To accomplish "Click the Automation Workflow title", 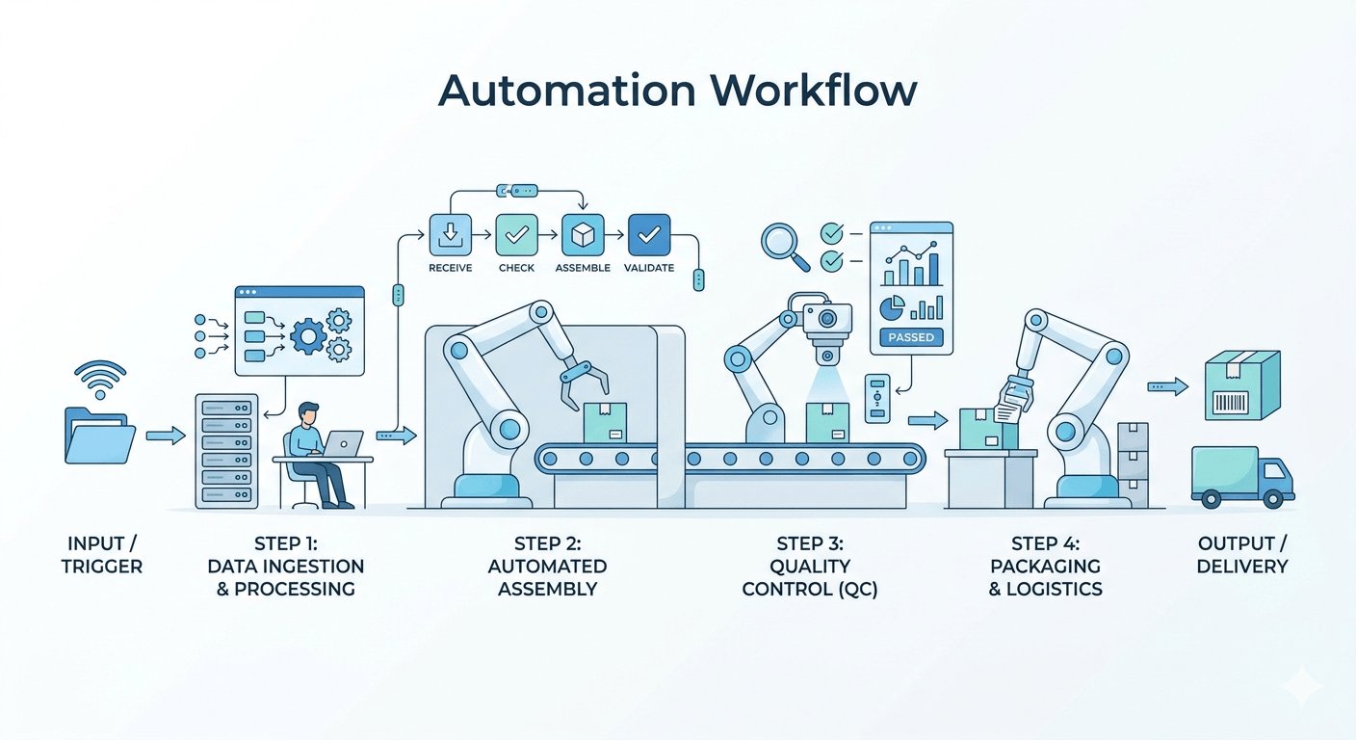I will click(x=677, y=91).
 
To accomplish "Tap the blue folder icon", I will click(x=100, y=436).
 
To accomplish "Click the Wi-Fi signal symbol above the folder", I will click(x=98, y=379).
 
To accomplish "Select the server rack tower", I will click(x=226, y=450).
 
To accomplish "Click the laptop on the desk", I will click(x=342, y=443).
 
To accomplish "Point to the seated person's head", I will click(x=307, y=413).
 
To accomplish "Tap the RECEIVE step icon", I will click(x=450, y=235).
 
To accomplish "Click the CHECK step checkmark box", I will click(x=516, y=235).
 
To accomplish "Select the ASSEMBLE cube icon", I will click(x=583, y=235).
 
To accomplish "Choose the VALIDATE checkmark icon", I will click(x=649, y=235).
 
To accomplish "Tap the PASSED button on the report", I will click(x=910, y=338).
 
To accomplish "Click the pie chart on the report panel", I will click(x=892, y=307).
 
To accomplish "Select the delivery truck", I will click(x=1242, y=476).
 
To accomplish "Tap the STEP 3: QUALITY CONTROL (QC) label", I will click(x=809, y=567).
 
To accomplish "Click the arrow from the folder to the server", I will click(x=166, y=436).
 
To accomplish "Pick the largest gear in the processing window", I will click(x=308, y=335).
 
